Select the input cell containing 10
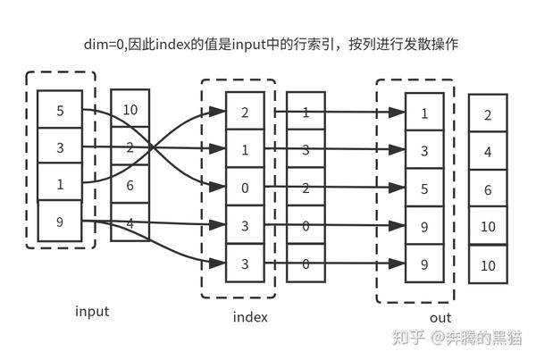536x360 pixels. click(130, 110)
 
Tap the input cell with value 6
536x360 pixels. click(130, 185)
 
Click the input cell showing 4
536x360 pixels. click(130, 222)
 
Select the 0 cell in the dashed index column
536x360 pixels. click(245, 188)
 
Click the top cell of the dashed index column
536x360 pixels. click(245, 113)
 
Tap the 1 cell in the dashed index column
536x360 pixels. click(245, 151)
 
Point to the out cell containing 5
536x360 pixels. click(424, 188)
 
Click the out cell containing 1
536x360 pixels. click(424, 113)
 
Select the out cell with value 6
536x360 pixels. click(488, 189)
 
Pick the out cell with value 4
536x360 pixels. click(488, 152)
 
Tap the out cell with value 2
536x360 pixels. click(488, 114)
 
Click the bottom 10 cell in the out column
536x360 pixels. click(488, 265)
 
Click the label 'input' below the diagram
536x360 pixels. click(92, 311)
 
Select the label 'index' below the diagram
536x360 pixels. click(250, 316)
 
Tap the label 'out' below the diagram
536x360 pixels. click(440, 317)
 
